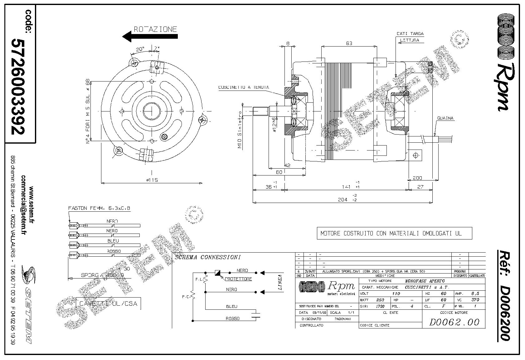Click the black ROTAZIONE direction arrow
coord(150,36)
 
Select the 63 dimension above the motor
coord(349,43)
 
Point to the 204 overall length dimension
coord(343,200)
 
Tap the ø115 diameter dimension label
coord(152,180)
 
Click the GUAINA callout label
coord(445,118)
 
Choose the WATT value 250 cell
coord(380,300)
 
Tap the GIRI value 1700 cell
coord(380,306)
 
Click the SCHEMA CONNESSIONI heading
coord(207,257)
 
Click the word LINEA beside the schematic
coord(280,283)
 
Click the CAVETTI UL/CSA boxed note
coord(108,303)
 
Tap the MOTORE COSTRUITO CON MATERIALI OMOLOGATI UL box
coord(394,233)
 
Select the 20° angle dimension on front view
coord(140,49)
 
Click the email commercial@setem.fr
coord(24,205)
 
